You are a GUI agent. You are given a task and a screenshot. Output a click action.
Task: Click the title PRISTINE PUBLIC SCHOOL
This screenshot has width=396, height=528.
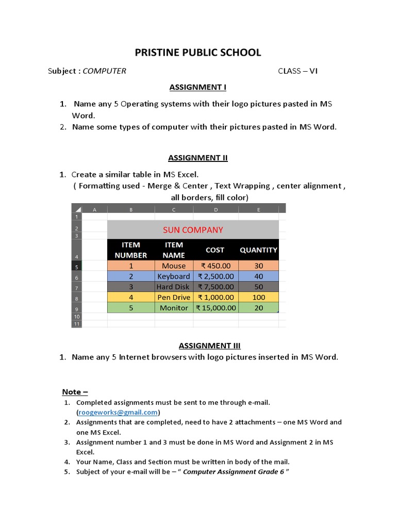198,53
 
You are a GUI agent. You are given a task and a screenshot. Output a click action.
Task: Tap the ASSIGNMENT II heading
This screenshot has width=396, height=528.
198,158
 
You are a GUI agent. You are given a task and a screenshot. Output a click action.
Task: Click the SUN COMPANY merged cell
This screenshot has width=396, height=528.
193,230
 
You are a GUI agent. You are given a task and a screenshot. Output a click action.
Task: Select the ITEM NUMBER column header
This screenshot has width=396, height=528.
131,250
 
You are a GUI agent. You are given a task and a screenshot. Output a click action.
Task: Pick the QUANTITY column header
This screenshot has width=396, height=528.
258,250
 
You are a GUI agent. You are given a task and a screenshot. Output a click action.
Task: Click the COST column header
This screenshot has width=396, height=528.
215,250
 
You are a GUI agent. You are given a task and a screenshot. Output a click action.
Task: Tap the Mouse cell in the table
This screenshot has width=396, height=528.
174,266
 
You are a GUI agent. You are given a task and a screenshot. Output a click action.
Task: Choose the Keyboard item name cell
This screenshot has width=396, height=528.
174,276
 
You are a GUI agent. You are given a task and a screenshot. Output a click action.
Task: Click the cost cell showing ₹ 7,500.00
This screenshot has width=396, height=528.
216,287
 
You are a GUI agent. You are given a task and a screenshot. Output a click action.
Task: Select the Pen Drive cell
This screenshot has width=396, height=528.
174,298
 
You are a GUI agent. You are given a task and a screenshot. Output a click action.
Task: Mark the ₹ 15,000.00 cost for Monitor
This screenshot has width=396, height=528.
216,308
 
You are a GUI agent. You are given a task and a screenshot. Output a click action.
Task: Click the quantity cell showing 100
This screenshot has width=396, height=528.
258,298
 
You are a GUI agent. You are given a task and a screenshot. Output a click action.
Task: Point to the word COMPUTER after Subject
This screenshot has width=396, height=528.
104,71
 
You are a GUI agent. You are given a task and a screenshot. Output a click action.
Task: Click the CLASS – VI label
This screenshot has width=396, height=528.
298,71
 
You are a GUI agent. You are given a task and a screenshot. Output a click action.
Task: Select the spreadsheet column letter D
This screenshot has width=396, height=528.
216,209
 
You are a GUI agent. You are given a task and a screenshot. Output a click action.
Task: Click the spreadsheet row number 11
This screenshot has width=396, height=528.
77,324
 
